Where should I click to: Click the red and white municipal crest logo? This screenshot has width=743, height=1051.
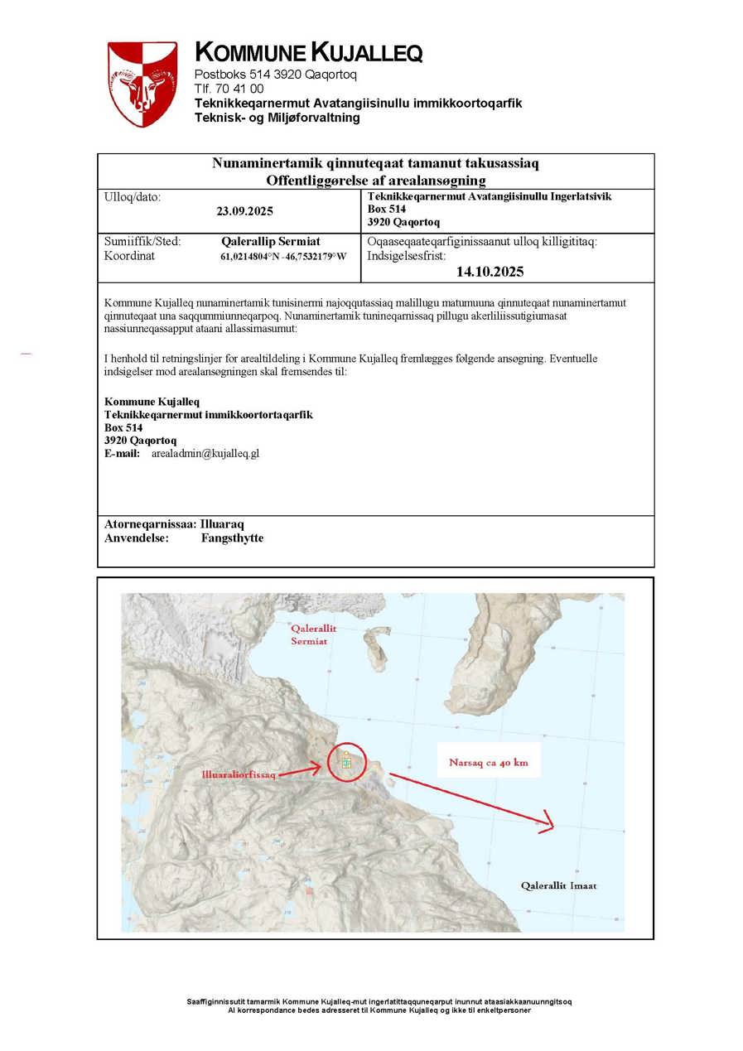click(142, 83)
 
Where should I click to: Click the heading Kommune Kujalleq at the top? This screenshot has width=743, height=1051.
click(308, 53)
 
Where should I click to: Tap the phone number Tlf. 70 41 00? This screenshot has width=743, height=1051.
click(229, 89)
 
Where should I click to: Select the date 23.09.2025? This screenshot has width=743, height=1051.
click(245, 211)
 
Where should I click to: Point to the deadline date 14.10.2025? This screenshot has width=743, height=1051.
click(490, 271)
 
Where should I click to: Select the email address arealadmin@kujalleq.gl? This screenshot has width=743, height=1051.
click(205, 454)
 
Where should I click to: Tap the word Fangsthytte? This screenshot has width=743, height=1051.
click(232, 538)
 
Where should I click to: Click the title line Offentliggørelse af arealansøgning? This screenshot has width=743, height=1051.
click(375, 180)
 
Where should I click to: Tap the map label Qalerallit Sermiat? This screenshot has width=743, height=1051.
click(314, 634)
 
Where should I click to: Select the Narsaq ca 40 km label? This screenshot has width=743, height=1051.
click(489, 762)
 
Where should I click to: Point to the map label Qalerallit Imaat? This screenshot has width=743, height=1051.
click(558, 885)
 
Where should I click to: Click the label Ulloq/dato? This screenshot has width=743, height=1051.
click(133, 197)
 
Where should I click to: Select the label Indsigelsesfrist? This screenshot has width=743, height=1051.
click(406, 256)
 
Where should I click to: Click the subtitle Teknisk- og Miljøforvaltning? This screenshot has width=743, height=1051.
click(277, 118)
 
